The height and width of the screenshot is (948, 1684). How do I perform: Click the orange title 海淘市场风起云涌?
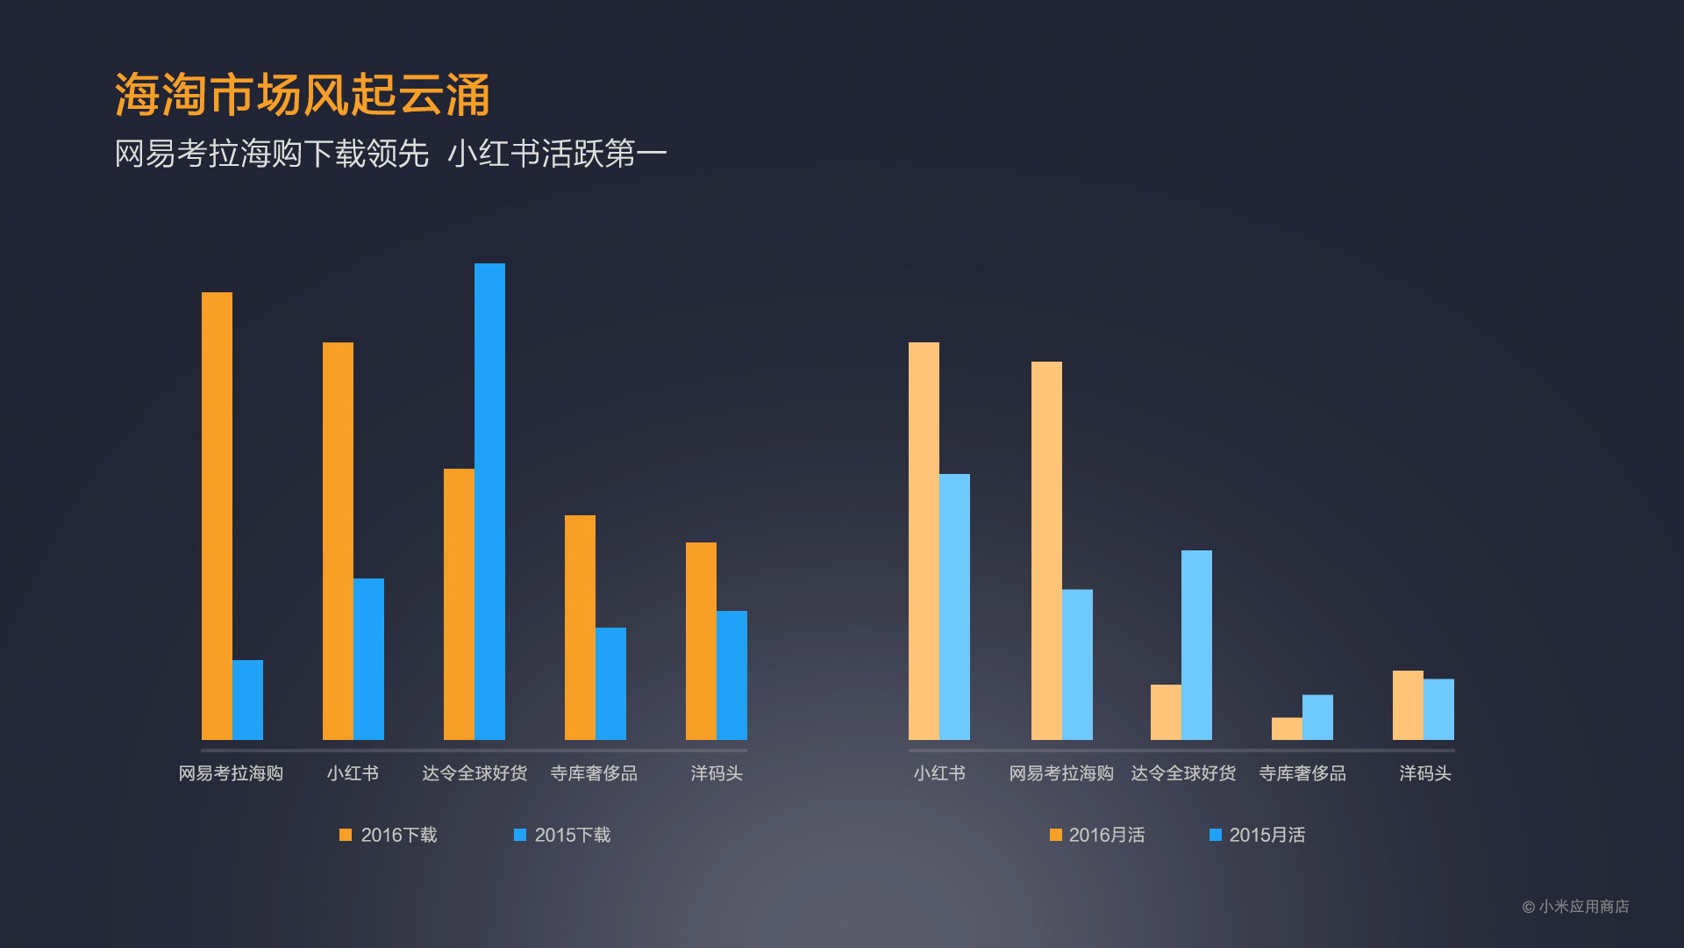click(x=302, y=95)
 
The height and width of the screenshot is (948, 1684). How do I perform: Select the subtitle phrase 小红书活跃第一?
click(x=557, y=154)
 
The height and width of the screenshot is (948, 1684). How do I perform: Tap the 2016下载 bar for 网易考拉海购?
click(x=217, y=516)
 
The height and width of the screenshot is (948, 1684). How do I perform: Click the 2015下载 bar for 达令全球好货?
click(x=489, y=501)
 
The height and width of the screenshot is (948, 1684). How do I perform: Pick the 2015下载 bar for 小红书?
click(x=368, y=658)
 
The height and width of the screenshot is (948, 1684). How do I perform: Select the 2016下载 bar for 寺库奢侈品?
click(x=580, y=627)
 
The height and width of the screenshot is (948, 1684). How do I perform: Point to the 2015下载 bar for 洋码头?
click(x=731, y=675)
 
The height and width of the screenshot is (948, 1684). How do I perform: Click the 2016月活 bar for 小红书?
click(x=924, y=541)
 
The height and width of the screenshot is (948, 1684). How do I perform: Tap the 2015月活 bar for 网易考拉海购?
click(x=1077, y=664)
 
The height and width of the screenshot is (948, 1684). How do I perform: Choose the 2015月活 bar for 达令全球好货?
click(x=1196, y=644)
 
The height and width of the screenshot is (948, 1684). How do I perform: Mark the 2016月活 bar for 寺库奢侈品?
click(x=1287, y=729)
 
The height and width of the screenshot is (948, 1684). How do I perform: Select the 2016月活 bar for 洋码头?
click(x=1408, y=705)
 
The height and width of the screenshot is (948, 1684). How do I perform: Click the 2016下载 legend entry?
click(x=389, y=835)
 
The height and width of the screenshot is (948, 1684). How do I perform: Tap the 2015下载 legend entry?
click(x=562, y=835)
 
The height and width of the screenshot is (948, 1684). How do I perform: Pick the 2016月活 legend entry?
click(x=1097, y=835)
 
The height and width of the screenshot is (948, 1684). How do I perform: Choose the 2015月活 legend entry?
click(x=1257, y=835)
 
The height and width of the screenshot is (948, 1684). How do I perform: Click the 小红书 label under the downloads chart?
click(x=353, y=773)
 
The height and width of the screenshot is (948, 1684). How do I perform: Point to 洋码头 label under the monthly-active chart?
click(x=1424, y=773)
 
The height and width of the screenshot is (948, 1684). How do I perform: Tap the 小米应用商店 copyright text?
click(x=1575, y=907)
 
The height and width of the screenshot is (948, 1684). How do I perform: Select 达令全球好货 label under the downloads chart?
click(x=475, y=773)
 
